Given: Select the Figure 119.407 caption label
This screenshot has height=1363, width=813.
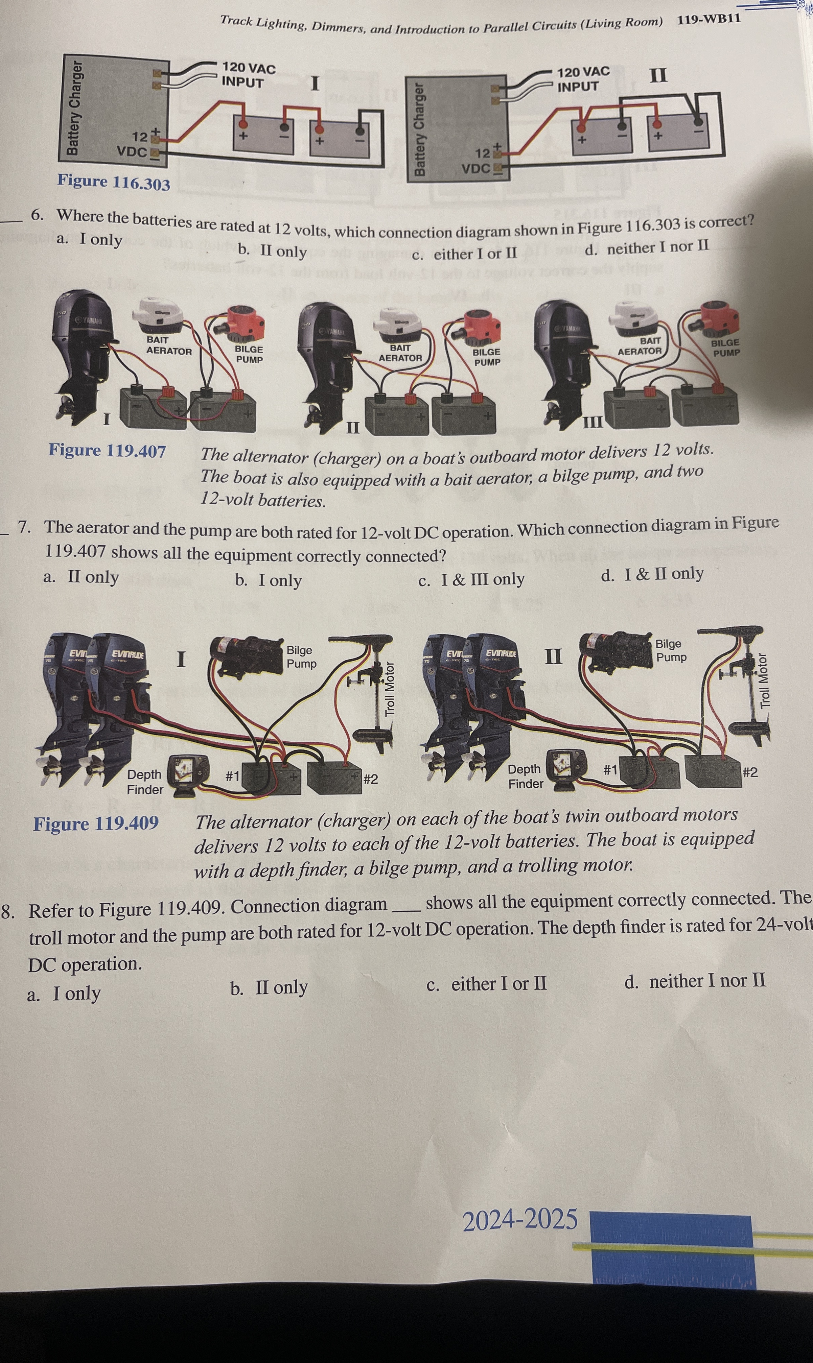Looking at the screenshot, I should (108, 451).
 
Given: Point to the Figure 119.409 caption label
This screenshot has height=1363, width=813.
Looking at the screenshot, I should (96, 823).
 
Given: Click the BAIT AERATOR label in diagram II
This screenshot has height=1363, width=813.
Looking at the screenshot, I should (400, 353).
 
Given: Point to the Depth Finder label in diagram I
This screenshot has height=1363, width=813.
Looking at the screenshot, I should (145, 782).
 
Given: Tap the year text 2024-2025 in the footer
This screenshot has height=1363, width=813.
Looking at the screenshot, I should (520, 1220).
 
